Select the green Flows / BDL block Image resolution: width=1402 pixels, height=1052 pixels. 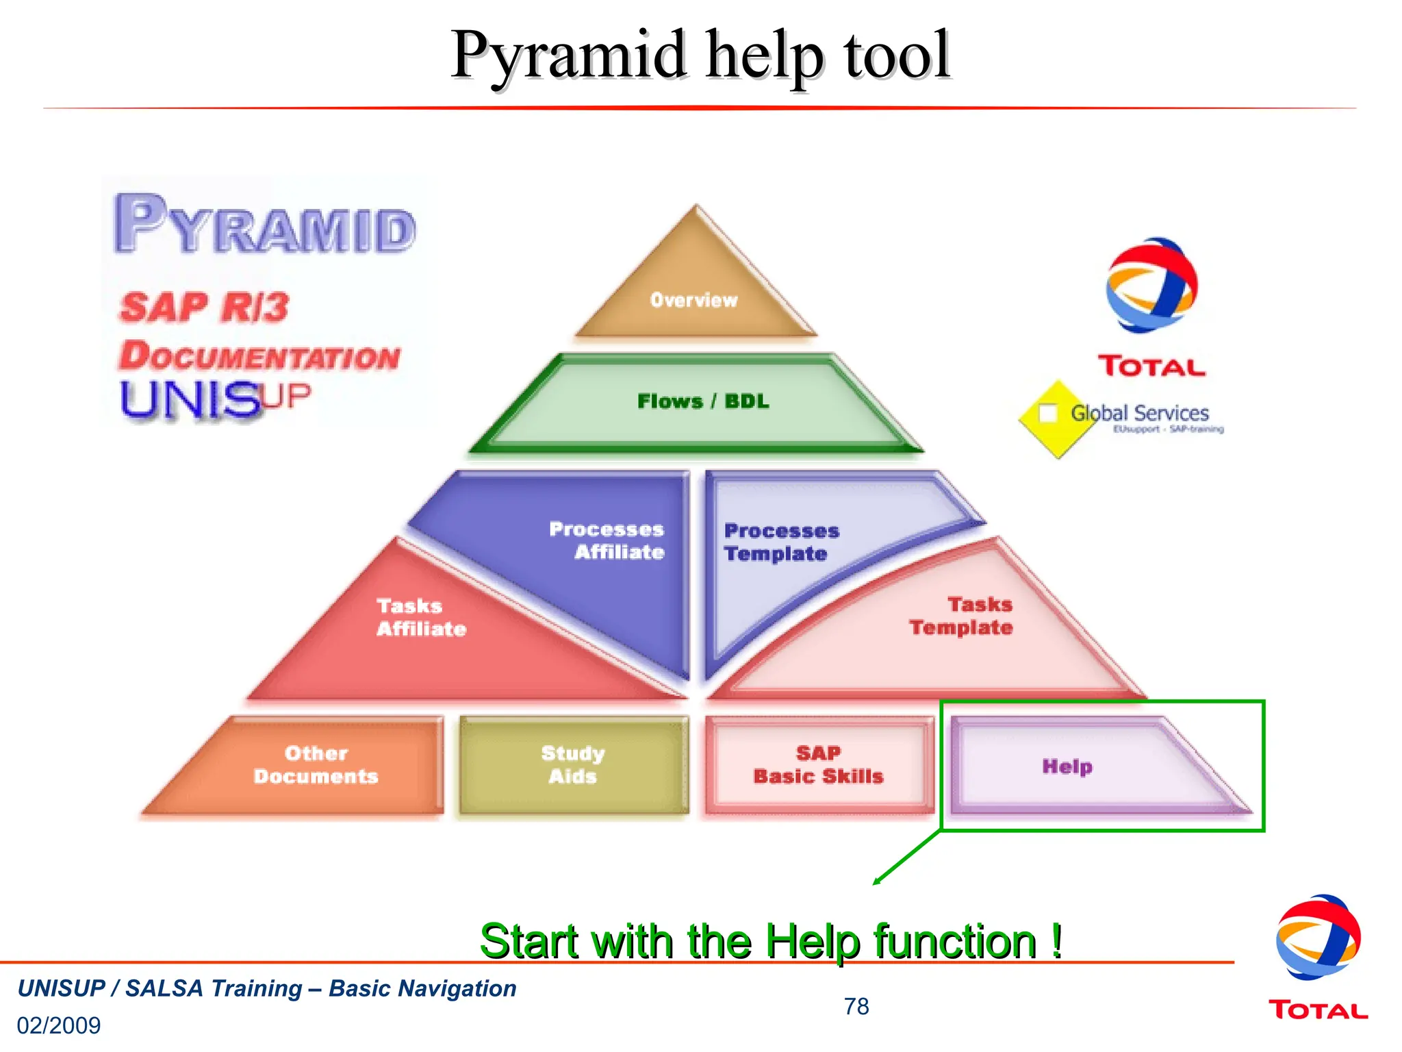tap(702, 401)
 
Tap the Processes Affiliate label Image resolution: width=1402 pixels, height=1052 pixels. tap(607, 540)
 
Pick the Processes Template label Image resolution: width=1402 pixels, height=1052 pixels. tap(780, 542)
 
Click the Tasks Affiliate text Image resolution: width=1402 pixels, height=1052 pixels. tap(420, 617)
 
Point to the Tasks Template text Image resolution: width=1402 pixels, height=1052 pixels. tap(961, 616)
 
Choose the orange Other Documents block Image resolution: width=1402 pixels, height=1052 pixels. tap(316, 764)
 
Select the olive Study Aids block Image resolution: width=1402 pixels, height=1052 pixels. tap(573, 764)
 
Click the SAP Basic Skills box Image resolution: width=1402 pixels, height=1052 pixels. tap(818, 764)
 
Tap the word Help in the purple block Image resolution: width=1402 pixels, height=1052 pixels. tap(1067, 766)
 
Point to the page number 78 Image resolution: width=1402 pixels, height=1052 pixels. tap(856, 1006)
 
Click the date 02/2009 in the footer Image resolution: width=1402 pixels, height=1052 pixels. tap(59, 1025)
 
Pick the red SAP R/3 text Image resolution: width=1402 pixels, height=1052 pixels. tap(204, 307)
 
